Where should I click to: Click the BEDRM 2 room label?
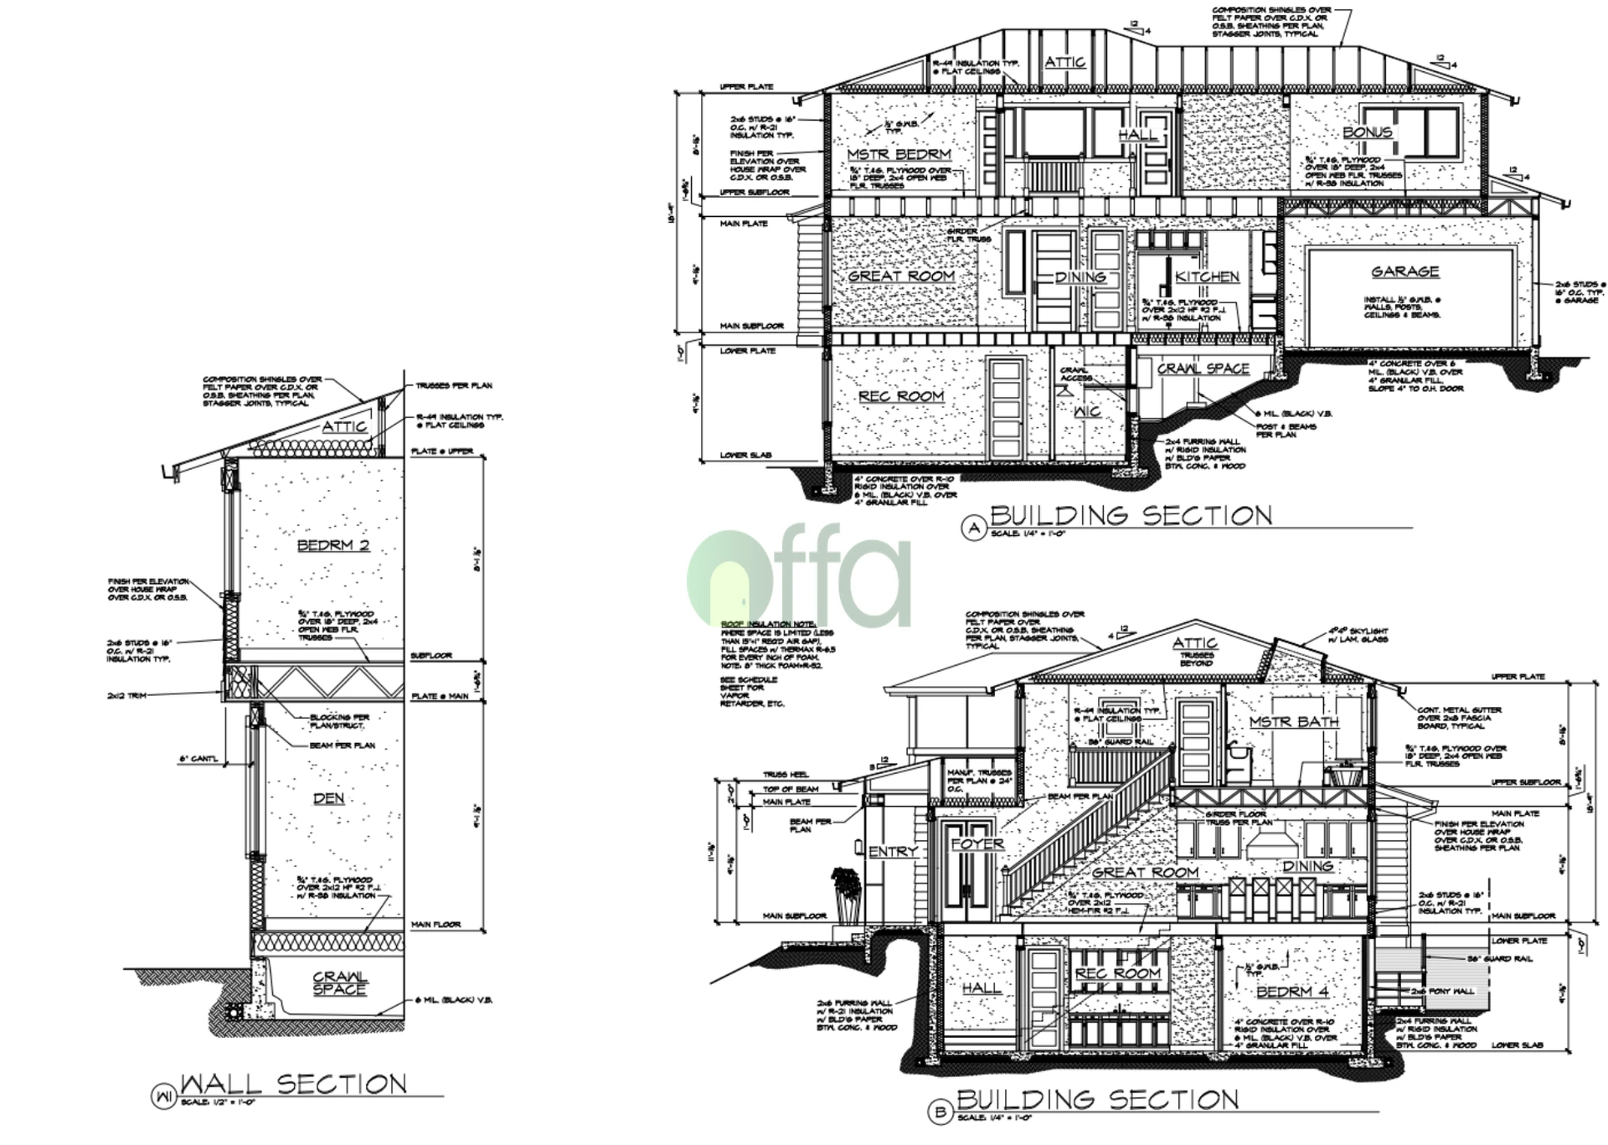(333, 546)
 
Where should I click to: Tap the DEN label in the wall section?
(328, 798)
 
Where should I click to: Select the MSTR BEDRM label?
(899, 155)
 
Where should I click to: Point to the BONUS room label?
(1367, 132)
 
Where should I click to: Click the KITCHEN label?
(1207, 276)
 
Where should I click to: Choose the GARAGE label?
(1404, 271)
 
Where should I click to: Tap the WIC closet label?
(1087, 411)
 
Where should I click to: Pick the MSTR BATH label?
(1294, 722)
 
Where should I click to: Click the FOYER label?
(977, 843)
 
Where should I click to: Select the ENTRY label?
(893, 852)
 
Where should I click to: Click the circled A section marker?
(973, 528)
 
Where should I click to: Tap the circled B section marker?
(940, 1112)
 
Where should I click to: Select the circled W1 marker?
(162, 1096)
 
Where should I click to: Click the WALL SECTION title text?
(294, 1084)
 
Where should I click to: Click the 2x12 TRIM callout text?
(126, 695)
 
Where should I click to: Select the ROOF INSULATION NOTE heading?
(756, 624)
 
